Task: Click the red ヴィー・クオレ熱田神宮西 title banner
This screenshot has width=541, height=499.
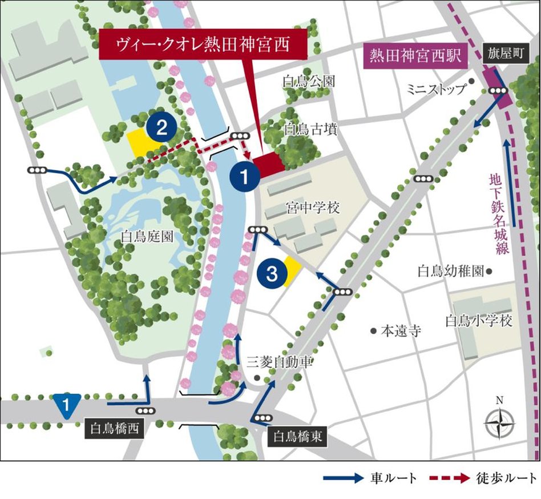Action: pyautogui.click(x=204, y=42)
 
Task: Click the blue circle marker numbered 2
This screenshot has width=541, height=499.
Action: pyautogui.click(x=162, y=127)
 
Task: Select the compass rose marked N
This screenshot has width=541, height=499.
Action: pyautogui.click(x=499, y=424)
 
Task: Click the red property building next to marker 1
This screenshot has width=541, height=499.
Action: pyautogui.click(x=269, y=165)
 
